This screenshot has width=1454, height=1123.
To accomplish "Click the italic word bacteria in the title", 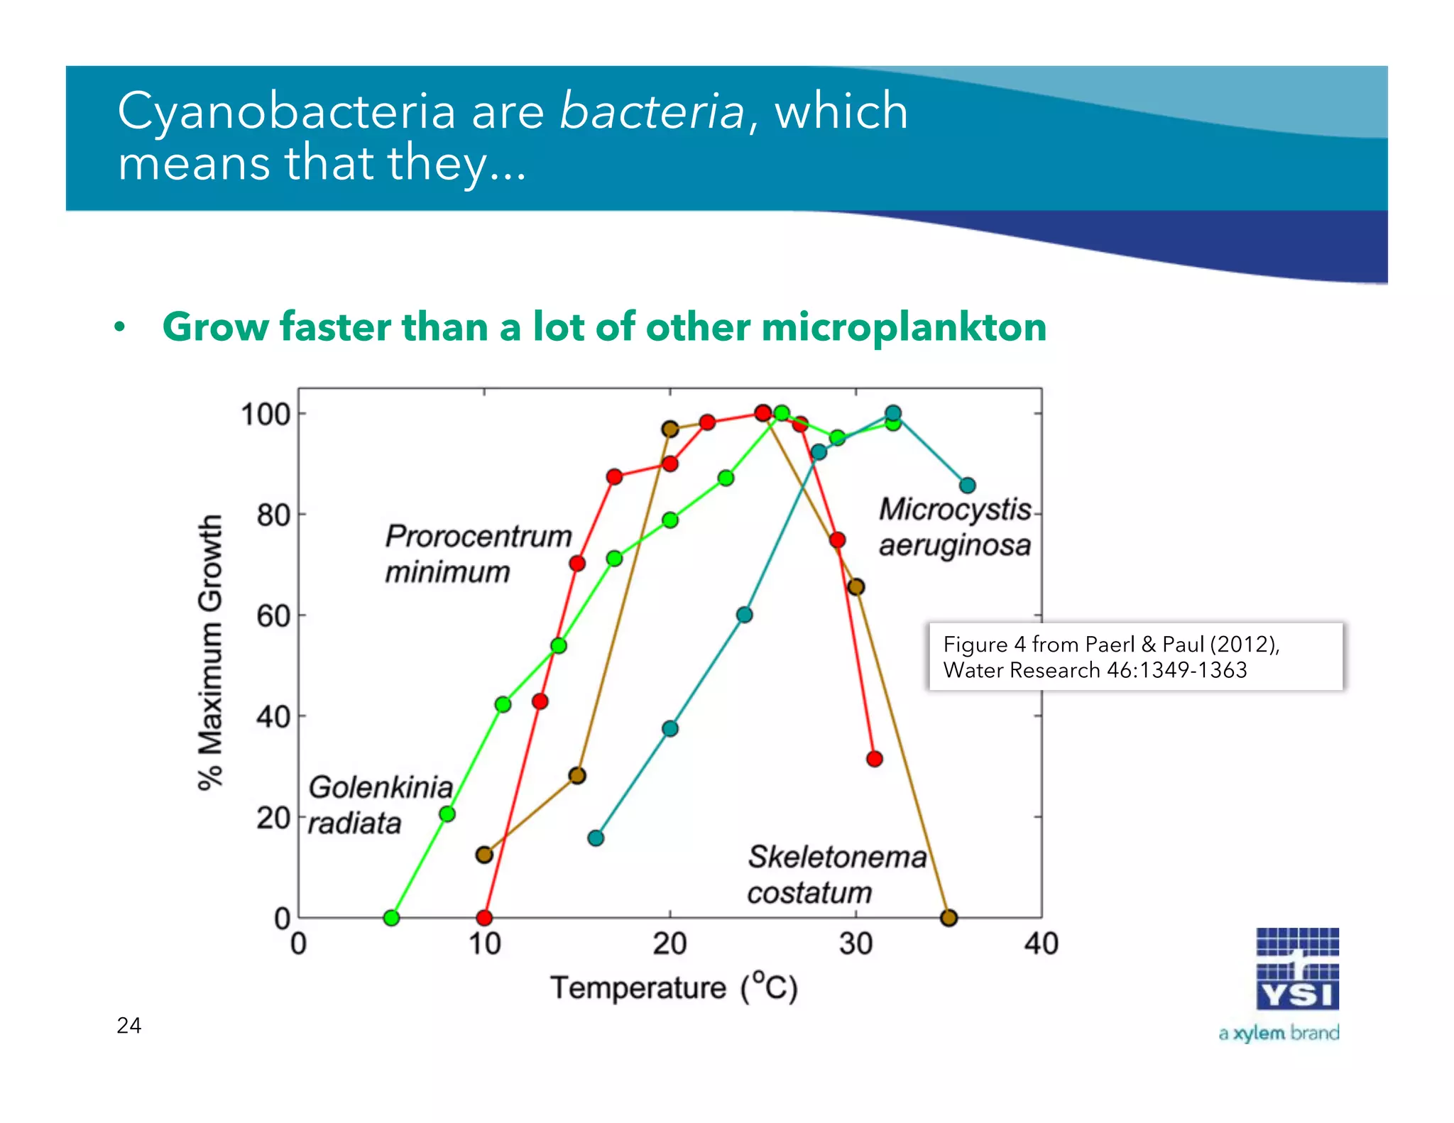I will (x=652, y=111).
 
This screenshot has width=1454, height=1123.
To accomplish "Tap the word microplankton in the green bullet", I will (x=903, y=327).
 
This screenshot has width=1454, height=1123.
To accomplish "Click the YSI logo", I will (x=1297, y=970).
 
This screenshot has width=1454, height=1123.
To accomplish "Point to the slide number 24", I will (x=129, y=1025).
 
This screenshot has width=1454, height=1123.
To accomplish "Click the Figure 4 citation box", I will (x=1135, y=657).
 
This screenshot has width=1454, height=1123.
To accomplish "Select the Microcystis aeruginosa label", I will (x=955, y=527).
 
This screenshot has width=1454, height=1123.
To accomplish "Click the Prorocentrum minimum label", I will (x=478, y=554).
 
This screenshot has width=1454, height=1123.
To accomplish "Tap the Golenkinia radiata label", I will (x=380, y=805).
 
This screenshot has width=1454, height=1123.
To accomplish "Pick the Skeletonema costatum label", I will (x=836, y=875).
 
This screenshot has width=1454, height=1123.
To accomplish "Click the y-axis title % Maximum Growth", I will (x=210, y=652).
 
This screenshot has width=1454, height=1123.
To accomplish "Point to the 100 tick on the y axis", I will (x=266, y=414).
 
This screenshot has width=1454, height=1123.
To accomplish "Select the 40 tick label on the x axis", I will (x=1041, y=944).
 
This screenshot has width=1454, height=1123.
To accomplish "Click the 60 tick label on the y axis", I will (x=273, y=615).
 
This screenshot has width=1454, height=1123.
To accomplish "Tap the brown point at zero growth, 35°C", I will (x=949, y=918).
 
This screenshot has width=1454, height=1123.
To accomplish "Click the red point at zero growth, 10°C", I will (x=484, y=918).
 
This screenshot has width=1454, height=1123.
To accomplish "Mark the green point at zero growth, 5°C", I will (x=391, y=918).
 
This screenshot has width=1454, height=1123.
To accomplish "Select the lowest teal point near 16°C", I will (x=596, y=838).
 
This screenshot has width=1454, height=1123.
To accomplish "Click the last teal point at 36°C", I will (x=967, y=486).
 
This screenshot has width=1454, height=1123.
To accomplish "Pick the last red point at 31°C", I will (x=875, y=759).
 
